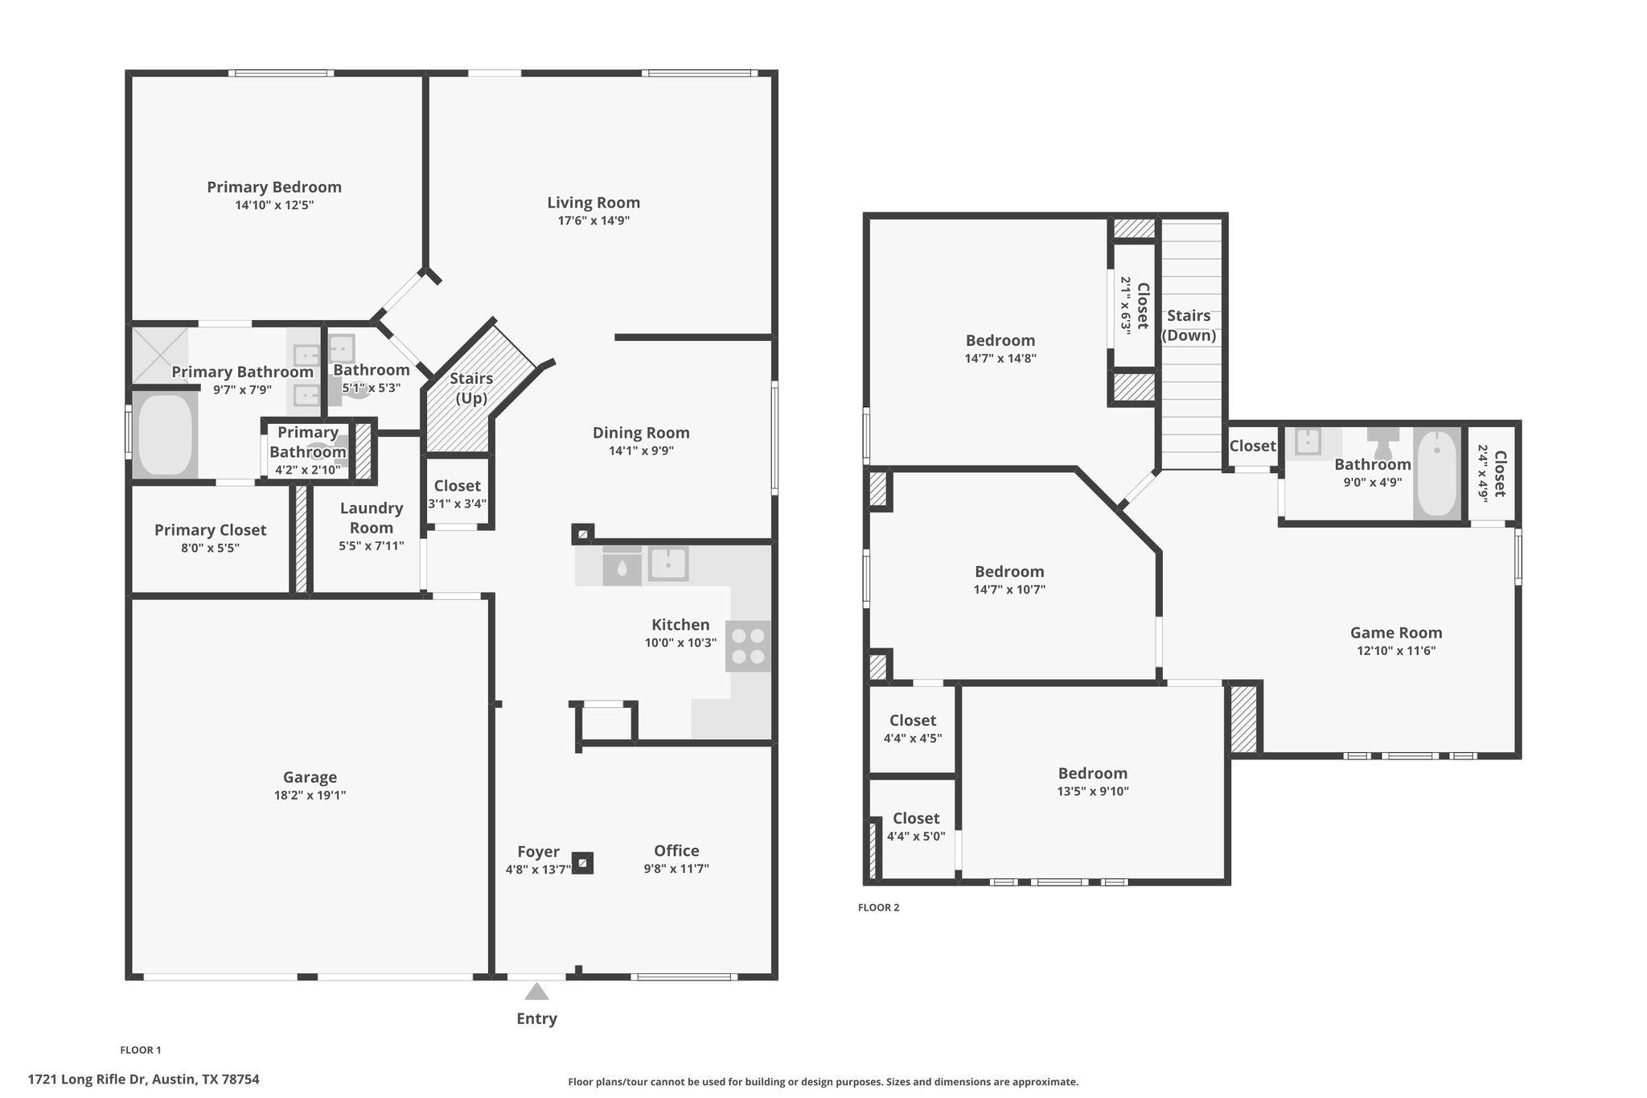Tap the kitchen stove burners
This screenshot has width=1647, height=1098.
click(748, 646)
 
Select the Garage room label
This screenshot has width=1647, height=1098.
click(310, 777)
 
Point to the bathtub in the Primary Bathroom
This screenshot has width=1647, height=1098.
click(166, 434)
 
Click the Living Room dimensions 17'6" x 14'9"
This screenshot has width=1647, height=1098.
click(593, 220)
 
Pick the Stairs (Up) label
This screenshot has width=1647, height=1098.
click(471, 388)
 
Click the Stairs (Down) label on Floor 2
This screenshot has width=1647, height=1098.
click(1189, 325)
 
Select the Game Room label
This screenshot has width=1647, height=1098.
click(1396, 633)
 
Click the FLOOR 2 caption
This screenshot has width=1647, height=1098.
click(878, 907)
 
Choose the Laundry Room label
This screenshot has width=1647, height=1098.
click(371, 518)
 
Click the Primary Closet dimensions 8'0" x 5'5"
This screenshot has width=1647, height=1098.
click(209, 549)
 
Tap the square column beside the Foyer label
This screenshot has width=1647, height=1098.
click(582, 863)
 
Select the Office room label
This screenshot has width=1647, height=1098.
click(676, 851)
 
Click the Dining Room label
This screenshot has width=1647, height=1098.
click(641, 433)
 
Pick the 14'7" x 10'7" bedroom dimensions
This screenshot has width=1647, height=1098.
click(1009, 590)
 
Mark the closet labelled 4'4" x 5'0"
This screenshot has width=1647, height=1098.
click(916, 826)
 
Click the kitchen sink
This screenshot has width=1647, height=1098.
click(667, 564)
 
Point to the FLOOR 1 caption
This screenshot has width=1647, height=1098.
click(141, 1050)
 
